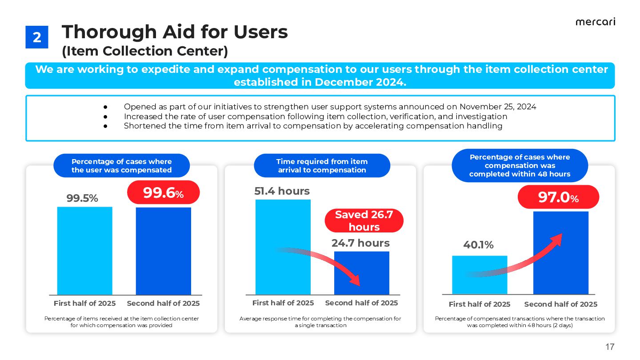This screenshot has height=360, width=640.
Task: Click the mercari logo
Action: tap(595, 22)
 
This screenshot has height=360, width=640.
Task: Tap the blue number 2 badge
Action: tap(36, 37)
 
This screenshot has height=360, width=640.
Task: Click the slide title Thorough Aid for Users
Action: tap(175, 32)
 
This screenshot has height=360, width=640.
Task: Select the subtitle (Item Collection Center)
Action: tap(145, 52)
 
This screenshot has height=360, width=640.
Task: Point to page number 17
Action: tap(609, 347)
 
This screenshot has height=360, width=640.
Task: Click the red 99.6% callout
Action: tap(163, 192)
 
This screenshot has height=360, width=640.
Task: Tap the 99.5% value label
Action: tap(82, 199)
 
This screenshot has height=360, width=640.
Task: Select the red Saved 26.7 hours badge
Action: tap(364, 221)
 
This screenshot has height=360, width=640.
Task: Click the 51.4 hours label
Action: tap(282, 191)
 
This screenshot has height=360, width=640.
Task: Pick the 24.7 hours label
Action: tap(360, 243)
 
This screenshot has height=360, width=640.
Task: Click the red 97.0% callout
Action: tap(558, 197)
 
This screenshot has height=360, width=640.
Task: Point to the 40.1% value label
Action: tap(478, 245)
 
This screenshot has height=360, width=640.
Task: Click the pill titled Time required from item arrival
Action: tap(322, 166)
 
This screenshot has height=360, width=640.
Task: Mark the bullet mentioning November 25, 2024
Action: tap(330, 107)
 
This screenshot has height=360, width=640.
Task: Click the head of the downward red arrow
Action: tap(356, 281)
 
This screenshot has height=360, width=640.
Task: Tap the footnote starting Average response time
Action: tap(320, 322)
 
